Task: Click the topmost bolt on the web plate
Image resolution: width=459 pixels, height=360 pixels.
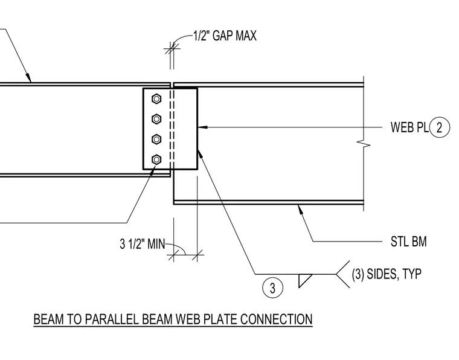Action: (156, 99)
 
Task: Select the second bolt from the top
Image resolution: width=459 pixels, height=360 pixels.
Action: (156, 119)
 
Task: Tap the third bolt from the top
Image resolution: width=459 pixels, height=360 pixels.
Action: (156, 140)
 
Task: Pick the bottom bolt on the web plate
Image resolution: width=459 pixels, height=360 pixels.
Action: (156, 159)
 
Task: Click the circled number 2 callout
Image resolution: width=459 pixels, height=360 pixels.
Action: (439, 127)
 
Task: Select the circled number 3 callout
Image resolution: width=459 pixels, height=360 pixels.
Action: (272, 288)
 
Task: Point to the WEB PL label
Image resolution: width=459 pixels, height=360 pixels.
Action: (409, 127)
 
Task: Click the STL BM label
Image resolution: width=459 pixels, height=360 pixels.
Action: (409, 242)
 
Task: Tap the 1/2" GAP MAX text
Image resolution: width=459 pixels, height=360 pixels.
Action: (225, 36)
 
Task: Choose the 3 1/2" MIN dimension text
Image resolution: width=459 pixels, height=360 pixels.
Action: (143, 244)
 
